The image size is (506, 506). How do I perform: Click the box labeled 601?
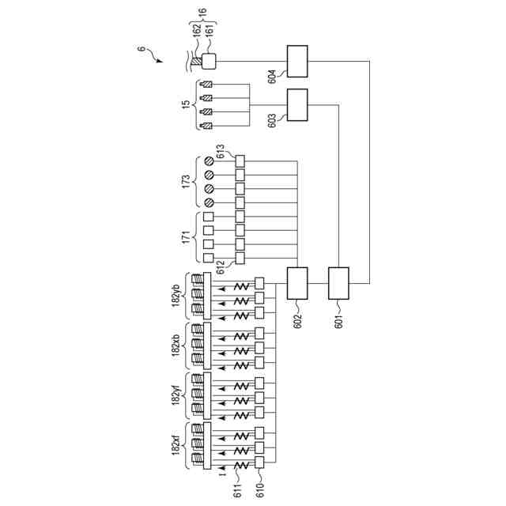(x=338, y=283)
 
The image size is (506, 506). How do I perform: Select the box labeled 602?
(x=296, y=283)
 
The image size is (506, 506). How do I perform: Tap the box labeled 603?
(x=296, y=104)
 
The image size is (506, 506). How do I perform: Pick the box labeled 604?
(x=296, y=61)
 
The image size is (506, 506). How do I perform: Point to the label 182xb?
(x=176, y=346)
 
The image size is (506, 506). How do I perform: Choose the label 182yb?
(x=176, y=295)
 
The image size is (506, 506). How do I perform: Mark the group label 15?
(x=187, y=104)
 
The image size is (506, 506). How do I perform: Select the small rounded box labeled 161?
(x=210, y=61)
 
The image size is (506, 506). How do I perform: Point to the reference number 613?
(x=221, y=150)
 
